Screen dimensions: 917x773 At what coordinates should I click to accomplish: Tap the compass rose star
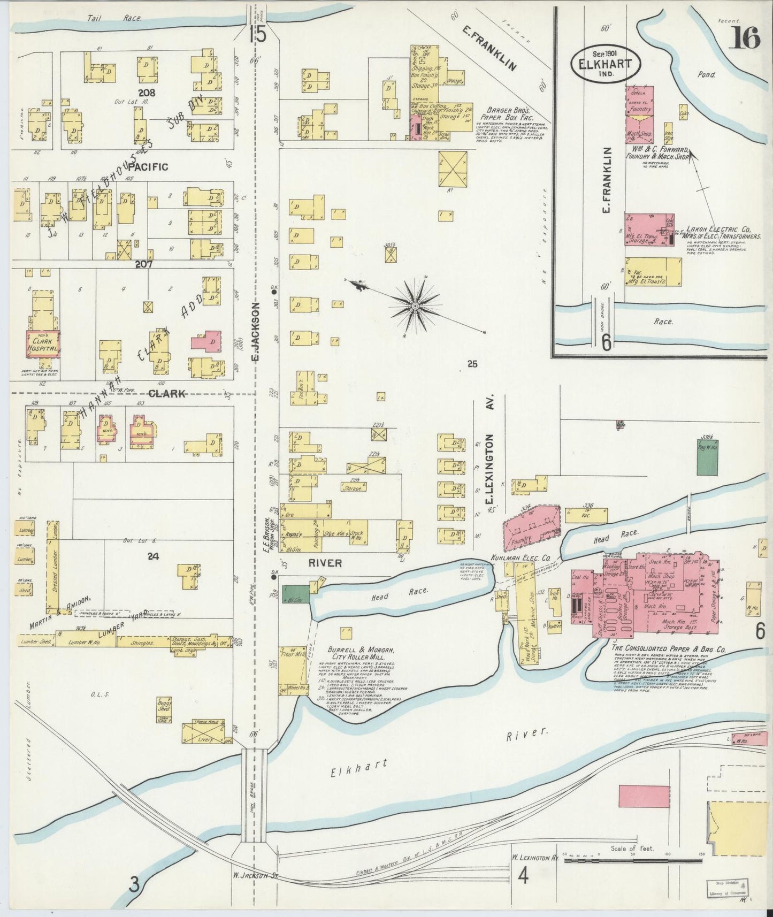[415, 305]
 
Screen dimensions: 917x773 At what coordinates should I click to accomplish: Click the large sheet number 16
[743, 38]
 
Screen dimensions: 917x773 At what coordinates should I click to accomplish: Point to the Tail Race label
[114, 18]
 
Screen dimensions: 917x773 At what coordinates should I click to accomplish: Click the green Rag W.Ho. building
[707, 457]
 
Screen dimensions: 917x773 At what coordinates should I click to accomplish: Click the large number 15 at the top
[257, 35]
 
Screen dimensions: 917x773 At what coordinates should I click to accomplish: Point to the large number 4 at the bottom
[523, 876]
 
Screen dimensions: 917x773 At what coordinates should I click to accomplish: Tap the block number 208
[146, 93]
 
